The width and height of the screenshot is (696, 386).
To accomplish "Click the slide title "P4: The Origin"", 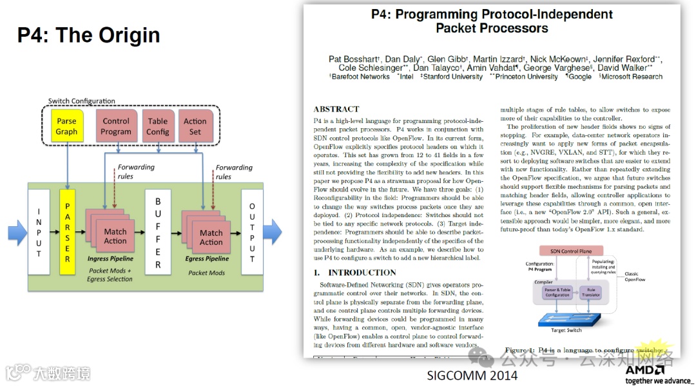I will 88,35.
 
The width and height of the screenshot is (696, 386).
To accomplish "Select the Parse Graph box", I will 66,126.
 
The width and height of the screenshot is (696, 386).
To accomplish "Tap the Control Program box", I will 116,126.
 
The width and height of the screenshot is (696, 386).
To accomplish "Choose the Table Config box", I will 158,126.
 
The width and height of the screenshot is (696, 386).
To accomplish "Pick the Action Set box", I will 195,126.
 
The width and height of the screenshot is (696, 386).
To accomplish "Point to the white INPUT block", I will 39,232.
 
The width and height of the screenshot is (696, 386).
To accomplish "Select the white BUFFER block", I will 158,232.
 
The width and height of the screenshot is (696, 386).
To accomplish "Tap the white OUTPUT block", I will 252,232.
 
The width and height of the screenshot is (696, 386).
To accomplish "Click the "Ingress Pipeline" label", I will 110,258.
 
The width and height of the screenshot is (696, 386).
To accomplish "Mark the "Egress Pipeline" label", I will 208,258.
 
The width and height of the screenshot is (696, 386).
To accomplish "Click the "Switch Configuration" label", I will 82,101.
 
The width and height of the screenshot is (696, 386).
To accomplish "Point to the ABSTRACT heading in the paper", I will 336,109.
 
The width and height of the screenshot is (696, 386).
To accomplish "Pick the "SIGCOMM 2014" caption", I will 472,375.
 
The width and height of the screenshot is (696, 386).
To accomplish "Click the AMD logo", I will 644,371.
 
